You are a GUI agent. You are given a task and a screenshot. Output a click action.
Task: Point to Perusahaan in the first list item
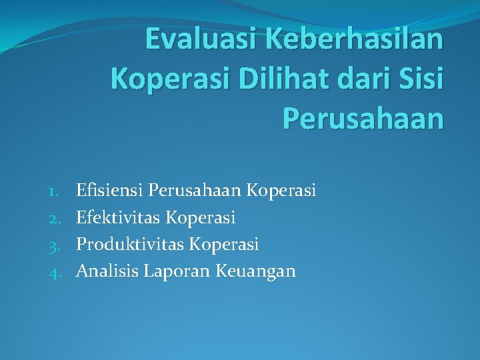(195, 191)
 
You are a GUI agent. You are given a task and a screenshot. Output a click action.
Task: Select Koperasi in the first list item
(281, 191)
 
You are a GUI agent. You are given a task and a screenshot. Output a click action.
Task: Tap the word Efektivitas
(117, 218)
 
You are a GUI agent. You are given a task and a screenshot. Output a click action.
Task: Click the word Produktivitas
(129, 245)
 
